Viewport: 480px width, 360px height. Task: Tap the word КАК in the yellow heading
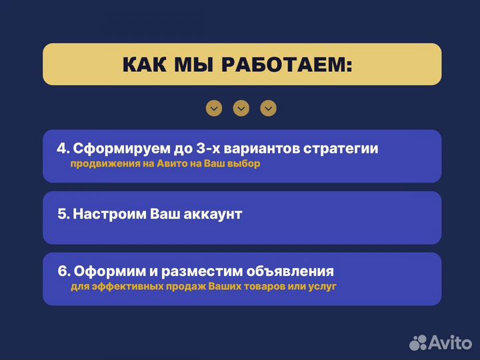(144, 65)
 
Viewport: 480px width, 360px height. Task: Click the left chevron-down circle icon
(214, 108)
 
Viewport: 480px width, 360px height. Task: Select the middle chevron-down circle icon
(241, 108)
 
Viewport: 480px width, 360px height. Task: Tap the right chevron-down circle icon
(268, 108)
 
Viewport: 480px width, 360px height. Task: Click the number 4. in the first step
(63, 149)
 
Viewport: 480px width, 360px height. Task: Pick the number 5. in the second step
(63, 214)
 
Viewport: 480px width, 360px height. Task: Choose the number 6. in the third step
(64, 271)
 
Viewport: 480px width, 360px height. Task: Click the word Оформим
(105, 271)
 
